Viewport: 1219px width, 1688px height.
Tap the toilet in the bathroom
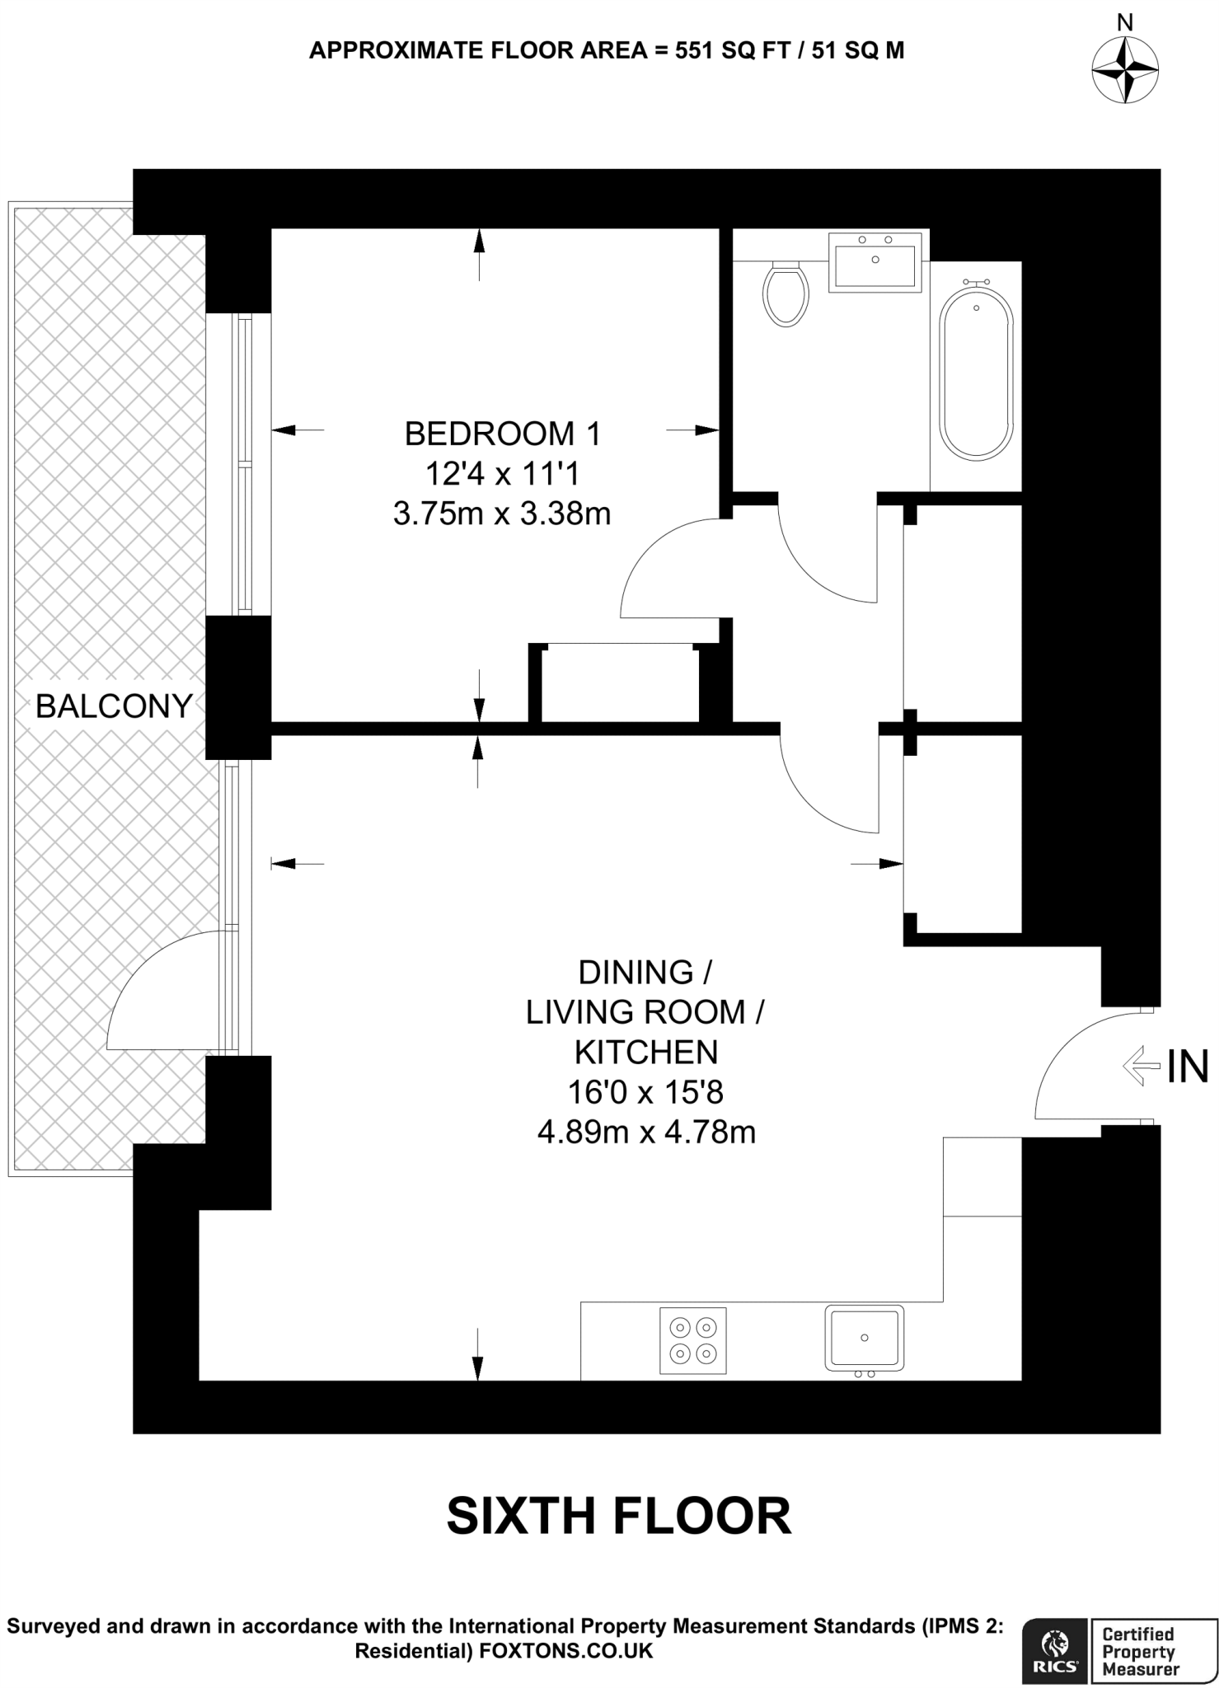tap(785, 294)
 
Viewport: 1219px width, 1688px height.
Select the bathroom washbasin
tap(874, 262)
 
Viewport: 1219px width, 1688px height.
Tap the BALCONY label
tap(114, 706)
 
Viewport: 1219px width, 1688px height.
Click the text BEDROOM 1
tap(502, 434)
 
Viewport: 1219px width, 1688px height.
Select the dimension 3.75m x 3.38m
tap(502, 514)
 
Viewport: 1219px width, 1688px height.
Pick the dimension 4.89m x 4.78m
tap(646, 1132)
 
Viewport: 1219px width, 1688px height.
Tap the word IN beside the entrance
tap(1188, 1067)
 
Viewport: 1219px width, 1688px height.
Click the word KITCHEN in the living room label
tap(646, 1053)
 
